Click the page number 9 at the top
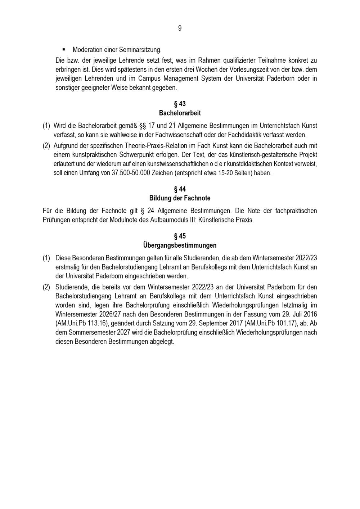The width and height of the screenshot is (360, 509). pos(180,28)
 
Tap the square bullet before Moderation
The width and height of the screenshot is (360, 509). pos(64,49)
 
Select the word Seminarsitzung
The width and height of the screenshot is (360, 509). pos(142,50)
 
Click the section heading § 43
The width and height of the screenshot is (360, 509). pos(180,104)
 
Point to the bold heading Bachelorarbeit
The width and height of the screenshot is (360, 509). pos(180,113)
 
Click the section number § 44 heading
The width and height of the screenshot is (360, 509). pos(180,189)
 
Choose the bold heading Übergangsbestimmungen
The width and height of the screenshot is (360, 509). pos(180,246)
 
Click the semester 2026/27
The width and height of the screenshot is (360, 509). pos(115,314)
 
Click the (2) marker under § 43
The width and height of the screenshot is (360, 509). pos(46,146)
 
